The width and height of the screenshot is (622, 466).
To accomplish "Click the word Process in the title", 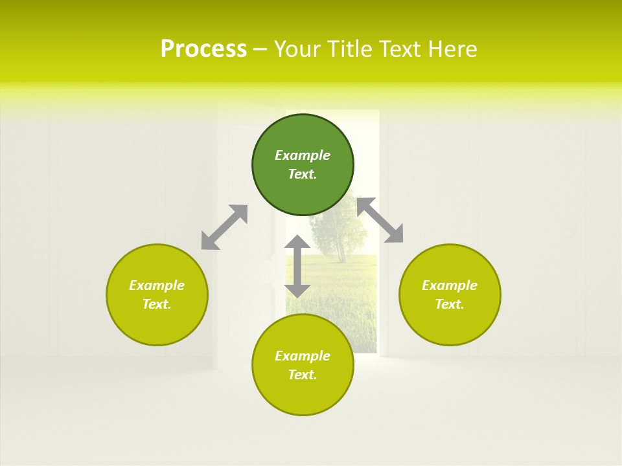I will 203,49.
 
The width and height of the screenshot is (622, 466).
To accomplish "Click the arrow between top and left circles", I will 224,227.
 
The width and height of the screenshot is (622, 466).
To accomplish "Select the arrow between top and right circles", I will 380,220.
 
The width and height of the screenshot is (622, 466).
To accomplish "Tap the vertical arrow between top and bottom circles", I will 297,266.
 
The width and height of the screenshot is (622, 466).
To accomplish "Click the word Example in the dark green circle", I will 303,155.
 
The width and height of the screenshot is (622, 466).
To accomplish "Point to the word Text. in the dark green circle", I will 303,174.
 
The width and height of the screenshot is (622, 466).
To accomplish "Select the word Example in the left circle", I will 157,285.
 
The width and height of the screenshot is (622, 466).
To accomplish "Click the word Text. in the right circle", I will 450,304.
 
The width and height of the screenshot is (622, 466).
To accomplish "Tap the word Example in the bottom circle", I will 303,356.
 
